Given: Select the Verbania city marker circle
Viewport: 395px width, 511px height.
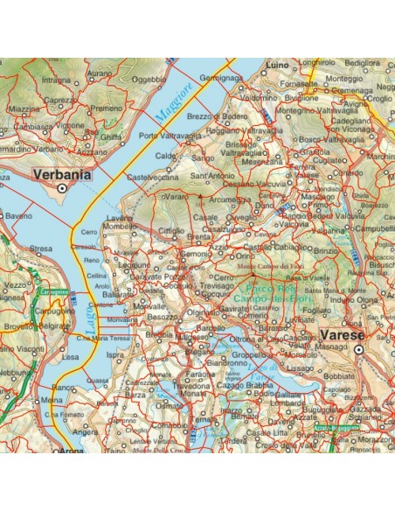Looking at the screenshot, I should pos(61,187).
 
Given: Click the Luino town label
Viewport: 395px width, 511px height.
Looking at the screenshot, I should pos(279,65).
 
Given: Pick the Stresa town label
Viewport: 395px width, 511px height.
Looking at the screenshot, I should pos(41,249).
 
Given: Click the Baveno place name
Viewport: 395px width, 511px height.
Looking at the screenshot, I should pos(18,214).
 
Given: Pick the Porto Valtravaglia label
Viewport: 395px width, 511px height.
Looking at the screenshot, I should pos(171,135).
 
